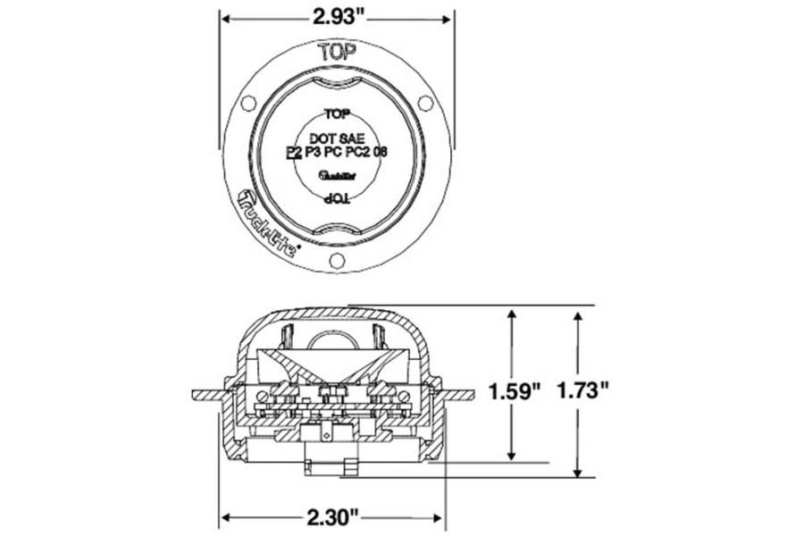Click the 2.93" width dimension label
337,16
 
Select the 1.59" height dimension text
515,390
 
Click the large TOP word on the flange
337,51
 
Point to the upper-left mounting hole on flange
248,103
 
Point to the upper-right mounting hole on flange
425,103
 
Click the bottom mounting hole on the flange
337,260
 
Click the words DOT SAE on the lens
337,139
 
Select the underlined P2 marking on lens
293,154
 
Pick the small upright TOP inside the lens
337,114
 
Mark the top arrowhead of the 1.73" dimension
579,315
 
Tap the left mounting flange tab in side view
206,393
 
